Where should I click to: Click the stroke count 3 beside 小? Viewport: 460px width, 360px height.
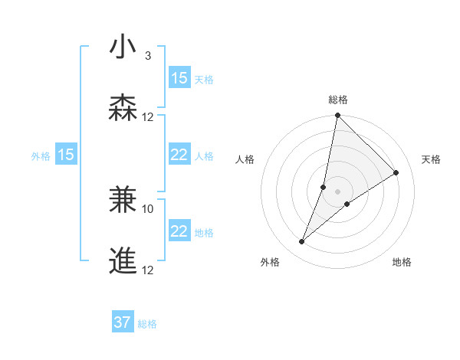pyautogui.click(x=148, y=56)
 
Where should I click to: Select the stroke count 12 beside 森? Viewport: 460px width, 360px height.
pyautogui.click(x=148, y=117)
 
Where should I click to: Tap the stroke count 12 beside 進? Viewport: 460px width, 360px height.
pyautogui.click(x=148, y=270)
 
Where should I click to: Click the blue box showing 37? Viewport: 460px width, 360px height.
pyautogui.click(x=123, y=322)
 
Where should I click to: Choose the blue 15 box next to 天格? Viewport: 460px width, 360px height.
pyautogui.click(x=179, y=78)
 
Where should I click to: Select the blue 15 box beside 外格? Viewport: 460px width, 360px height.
pyautogui.click(x=66, y=155)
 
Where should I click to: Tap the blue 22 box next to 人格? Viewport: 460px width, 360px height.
pyautogui.click(x=179, y=155)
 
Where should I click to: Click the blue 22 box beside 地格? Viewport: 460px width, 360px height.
pyautogui.click(x=179, y=231)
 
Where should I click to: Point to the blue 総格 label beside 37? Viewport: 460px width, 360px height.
pyautogui.click(x=148, y=324)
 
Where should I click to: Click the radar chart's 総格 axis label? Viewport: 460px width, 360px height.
pyautogui.click(x=338, y=100)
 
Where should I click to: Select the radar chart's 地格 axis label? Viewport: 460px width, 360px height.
pyautogui.click(x=402, y=262)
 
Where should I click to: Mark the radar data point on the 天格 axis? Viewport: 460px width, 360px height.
pyautogui.click(x=396, y=173)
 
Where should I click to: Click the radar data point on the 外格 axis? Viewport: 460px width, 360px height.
pyautogui.click(x=302, y=242)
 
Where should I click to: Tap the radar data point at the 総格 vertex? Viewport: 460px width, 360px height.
pyautogui.click(x=337, y=116)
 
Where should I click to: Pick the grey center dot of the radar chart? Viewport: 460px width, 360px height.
pyautogui.click(x=337, y=191)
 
